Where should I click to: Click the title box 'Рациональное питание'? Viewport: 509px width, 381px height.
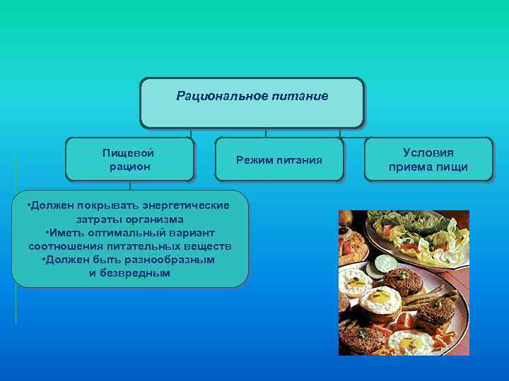[x=252, y=103]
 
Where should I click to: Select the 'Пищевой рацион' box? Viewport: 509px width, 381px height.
[x=129, y=159]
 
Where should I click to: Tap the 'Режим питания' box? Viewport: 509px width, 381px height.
[x=279, y=160]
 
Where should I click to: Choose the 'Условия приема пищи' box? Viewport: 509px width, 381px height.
[x=428, y=159]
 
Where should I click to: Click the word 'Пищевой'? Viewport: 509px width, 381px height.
[x=129, y=152]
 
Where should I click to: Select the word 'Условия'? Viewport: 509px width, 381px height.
[x=428, y=152]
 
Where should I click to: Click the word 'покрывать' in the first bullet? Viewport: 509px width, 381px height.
[x=114, y=205]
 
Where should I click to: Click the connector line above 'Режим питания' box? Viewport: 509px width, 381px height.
[x=265, y=133]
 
